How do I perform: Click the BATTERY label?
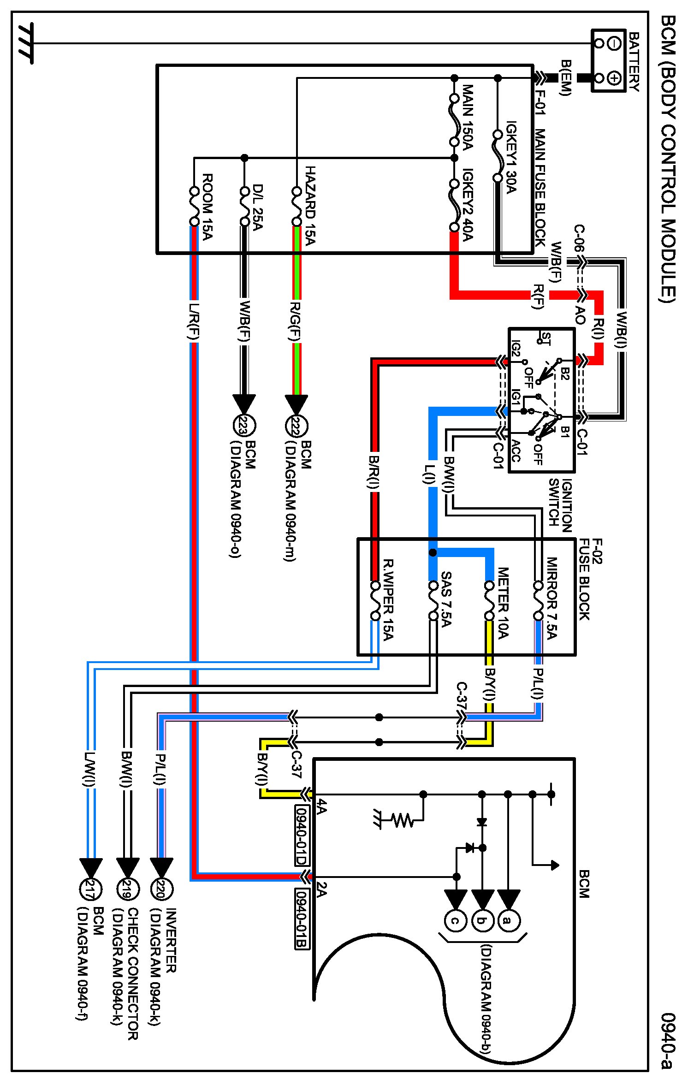[x=634, y=62]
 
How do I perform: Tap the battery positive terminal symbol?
[x=614, y=78]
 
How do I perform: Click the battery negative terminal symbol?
[x=614, y=44]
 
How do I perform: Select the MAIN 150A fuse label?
[x=467, y=117]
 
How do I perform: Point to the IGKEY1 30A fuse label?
[x=510, y=157]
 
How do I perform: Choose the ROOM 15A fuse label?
[x=207, y=207]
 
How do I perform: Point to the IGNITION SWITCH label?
[x=560, y=505]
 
